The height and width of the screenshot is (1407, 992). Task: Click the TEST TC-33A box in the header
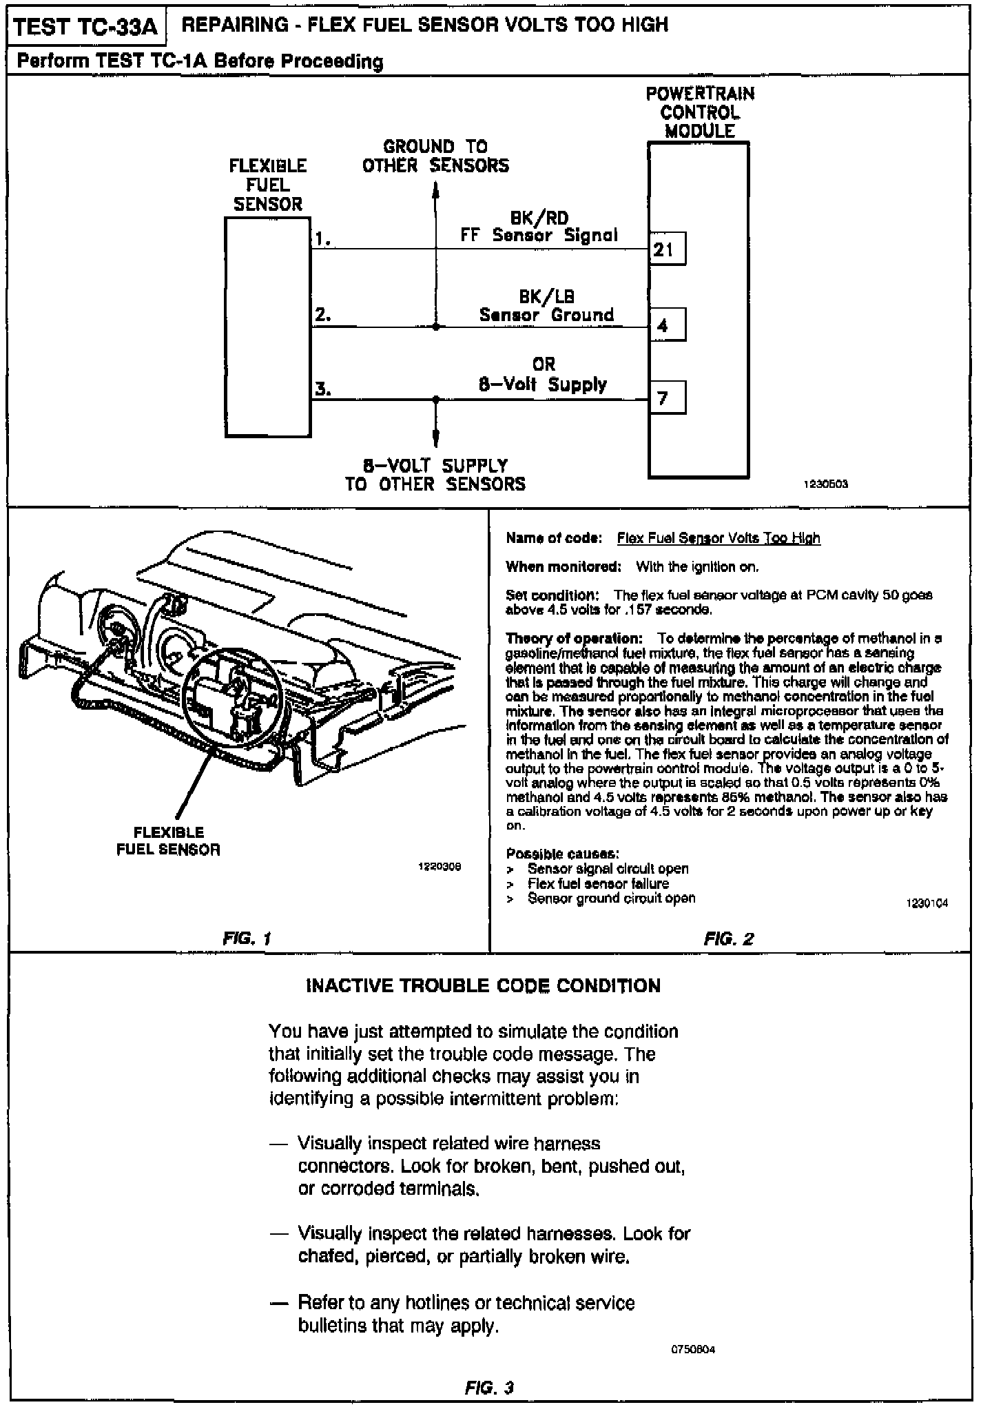click(x=85, y=27)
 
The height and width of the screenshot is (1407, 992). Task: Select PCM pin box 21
click(x=667, y=249)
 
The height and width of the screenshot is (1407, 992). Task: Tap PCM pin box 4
click(x=667, y=325)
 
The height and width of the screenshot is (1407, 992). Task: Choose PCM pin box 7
click(x=667, y=398)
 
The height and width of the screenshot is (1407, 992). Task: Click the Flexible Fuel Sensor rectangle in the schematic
click(x=268, y=327)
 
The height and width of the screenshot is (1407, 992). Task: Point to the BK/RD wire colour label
click(x=539, y=218)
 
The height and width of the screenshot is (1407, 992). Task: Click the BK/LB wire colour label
click(x=546, y=297)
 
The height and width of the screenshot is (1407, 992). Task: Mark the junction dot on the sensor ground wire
click(x=435, y=327)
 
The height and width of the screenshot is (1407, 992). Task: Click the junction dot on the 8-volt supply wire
click(x=435, y=399)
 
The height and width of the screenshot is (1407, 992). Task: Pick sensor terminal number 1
click(x=322, y=239)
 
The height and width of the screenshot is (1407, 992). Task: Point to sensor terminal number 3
click(x=322, y=389)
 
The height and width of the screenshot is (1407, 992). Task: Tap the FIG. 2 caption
click(x=729, y=938)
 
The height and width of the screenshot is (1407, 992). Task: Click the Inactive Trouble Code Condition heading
click(x=483, y=986)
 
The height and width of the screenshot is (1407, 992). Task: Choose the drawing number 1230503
click(x=826, y=484)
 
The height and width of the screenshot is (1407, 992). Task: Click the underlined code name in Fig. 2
click(x=719, y=538)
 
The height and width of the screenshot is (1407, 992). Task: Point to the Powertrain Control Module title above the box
click(x=700, y=112)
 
